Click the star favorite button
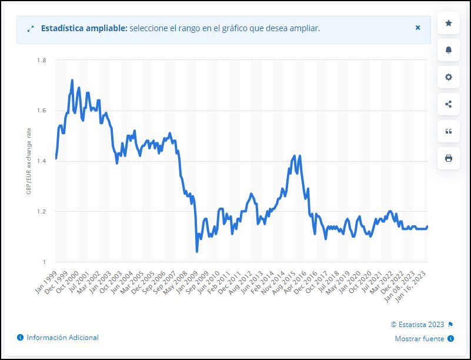pyautogui.click(x=449, y=23)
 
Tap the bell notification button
pyautogui.click(x=449, y=50)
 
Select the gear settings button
pyautogui.click(x=449, y=77)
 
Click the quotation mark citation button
pyautogui.click(x=449, y=131)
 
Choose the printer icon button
pyautogui.click(x=449, y=158)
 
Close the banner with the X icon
pyautogui.click(x=417, y=28)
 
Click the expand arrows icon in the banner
pyautogui.click(x=31, y=28)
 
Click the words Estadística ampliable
pyautogui.click(x=83, y=28)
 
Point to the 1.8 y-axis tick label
pyautogui.click(x=42, y=61)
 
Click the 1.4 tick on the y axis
pyautogui.click(x=42, y=161)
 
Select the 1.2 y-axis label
pyautogui.click(x=42, y=212)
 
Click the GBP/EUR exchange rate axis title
pyautogui.click(x=28, y=161)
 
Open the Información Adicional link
pyautogui.click(x=62, y=338)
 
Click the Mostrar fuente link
pyautogui.click(x=420, y=338)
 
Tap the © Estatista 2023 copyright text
pyautogui.click(x=417, y=324)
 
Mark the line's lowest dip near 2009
pyautogui.click(x=196, y=251)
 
